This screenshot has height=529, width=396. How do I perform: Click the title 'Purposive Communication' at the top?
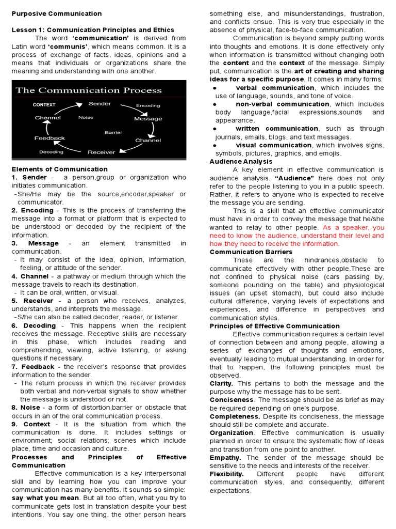coord(57,13)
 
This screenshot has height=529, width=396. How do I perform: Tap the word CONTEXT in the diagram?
coord(44,104)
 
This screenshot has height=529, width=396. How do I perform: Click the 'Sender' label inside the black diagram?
coord(100,104)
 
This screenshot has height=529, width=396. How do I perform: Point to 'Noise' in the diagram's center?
coord(86,117)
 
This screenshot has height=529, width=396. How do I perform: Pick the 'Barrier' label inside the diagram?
coord(113,132)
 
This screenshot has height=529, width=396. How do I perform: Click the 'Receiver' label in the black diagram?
coord(101,152)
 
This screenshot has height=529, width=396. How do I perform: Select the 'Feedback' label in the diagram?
coord(49,138)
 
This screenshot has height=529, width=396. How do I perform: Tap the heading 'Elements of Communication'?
coord(60,169)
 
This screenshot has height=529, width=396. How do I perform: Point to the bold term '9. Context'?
coord(31,424)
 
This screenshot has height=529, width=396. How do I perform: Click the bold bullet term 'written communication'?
coord(277,129)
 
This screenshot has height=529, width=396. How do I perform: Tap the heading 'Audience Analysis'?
coord(241,162)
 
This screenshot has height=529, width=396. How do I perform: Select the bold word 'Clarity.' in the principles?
coord(221,383)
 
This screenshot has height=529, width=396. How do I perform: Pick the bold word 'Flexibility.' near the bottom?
coord(226,474)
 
